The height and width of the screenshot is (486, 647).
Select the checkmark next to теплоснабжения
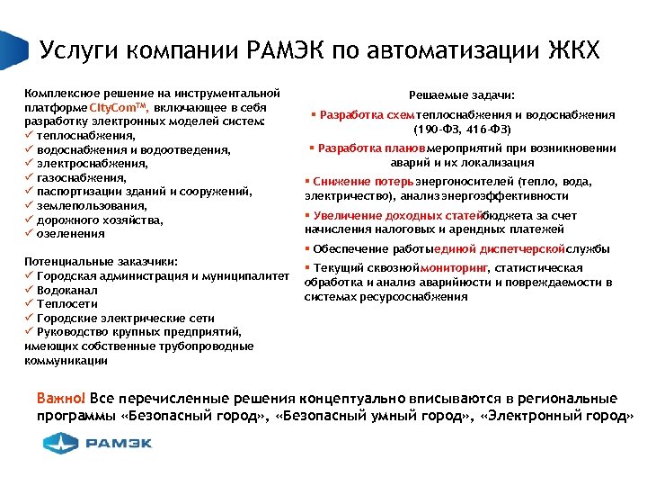[30, 136]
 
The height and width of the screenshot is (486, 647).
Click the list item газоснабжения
[79, 178]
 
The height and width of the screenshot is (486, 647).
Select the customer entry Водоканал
[68, 291]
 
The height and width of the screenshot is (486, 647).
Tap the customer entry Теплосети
[67, 304]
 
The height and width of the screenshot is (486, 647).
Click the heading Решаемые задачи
[462, 94]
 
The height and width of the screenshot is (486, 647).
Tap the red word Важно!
[61, 398]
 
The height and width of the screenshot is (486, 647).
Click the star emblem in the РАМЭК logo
[62, 442]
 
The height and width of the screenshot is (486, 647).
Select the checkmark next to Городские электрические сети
[30, 318]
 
